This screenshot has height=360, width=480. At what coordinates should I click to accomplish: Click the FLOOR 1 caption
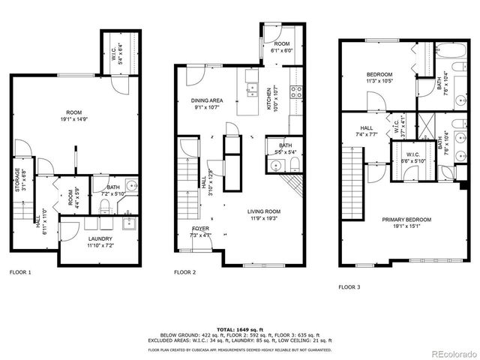(20, 272)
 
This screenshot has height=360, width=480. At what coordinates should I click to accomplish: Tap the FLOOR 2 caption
(185, 272)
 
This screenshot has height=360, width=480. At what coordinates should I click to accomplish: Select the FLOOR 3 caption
(350, 286)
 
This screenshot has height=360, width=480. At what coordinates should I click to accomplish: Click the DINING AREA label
(206, 101)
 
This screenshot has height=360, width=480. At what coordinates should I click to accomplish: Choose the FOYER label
(201, 230)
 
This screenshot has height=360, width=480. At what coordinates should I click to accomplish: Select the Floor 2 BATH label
(285, 145)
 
